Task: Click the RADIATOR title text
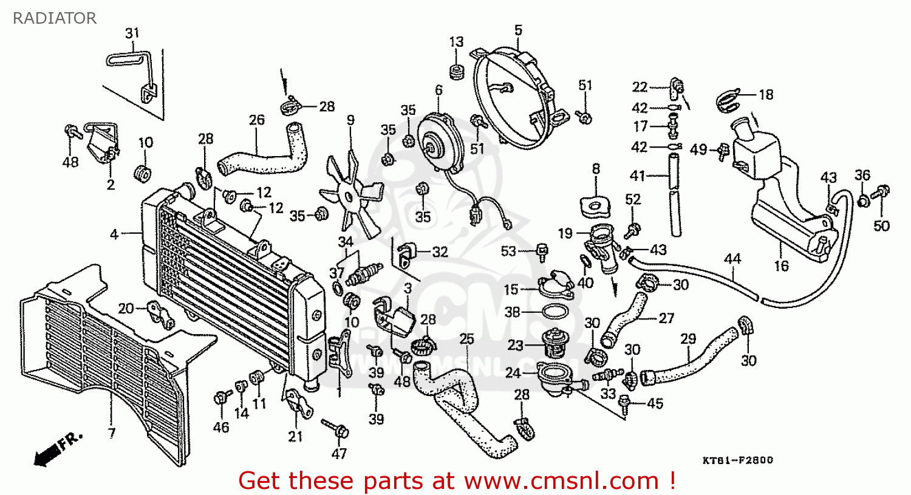(55, 18)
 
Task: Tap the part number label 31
(132, 33)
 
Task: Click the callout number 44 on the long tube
(732, 259)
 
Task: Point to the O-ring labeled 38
(554, 312)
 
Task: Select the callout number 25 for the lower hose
(466, 338)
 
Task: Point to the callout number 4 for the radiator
(114, 234)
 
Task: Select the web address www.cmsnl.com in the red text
(561, 481)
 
